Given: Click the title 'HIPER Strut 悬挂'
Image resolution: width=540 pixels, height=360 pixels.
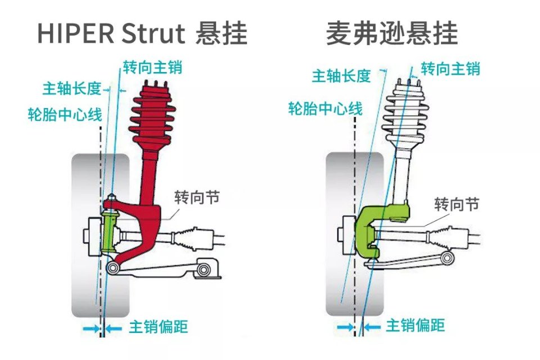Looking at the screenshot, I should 142,34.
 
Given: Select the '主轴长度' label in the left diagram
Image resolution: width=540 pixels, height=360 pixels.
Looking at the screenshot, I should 71,88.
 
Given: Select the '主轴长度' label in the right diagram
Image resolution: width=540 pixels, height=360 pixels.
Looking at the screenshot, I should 341,75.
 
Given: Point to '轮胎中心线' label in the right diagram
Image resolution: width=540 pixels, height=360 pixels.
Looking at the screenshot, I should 325,108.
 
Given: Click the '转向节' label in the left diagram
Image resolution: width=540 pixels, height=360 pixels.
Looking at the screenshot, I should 196,197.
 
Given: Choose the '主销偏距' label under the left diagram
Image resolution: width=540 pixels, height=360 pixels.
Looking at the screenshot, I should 158,327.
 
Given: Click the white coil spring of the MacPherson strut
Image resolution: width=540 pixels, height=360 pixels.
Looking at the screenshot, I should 405,115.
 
